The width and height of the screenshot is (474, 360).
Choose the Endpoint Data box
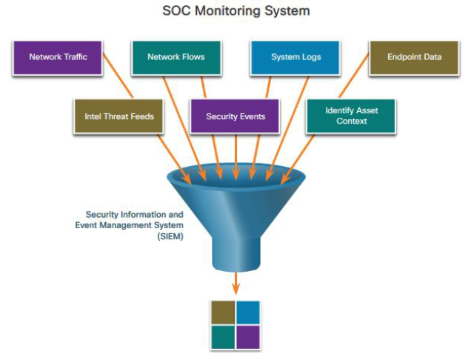[x=414, y=56]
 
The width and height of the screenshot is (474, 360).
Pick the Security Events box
[x=235, y=116]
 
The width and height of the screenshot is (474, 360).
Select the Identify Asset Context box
[x=351, y=116]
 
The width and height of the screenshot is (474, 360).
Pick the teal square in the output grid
[x=224, y=336]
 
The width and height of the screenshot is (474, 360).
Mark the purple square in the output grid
[x=249, y=336]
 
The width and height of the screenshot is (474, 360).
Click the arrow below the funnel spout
[x=236, y=283]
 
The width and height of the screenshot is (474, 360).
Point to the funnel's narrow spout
[x=236, y=248]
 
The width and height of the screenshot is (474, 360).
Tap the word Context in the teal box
[x=351, y=121]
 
